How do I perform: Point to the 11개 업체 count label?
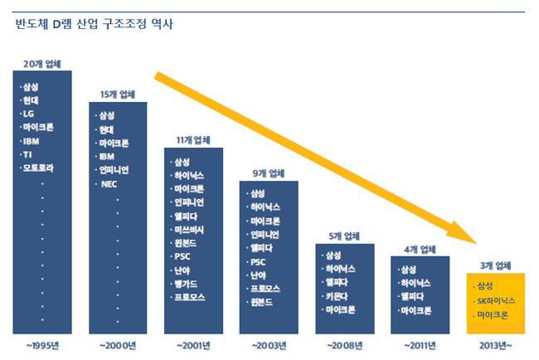[x=193, y=139]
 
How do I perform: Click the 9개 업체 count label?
[x=268, y=173]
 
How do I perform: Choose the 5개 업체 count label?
[x=344, y=236]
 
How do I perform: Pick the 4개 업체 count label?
[x=420, y=248]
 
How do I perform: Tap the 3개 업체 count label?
[x=495, y=265]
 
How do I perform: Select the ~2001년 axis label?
[x=193, y=344]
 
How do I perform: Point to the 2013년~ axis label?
[x=495, y=344]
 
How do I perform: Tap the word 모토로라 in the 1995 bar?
[x=40, y=168]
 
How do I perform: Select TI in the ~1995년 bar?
[x=30, y=154]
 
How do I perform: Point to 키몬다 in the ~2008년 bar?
[x=341, y=295]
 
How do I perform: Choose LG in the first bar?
[x=31, y=114]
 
